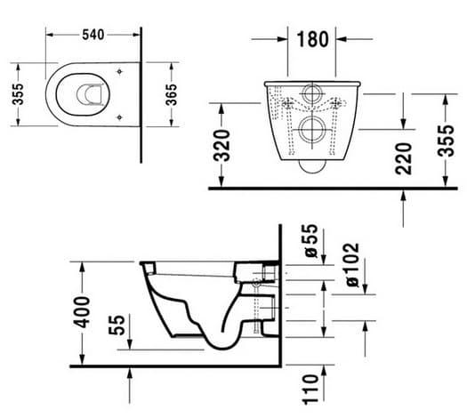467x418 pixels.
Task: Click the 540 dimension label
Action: [93, 35]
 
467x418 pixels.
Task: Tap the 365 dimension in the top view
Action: [171, 94]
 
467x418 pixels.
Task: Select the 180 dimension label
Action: [313, 39]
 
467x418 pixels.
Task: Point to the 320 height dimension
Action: [221, 145]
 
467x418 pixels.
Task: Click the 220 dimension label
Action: [403, 158]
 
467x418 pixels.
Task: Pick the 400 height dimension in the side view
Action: [82, 312]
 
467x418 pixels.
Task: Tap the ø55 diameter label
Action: [311, 240]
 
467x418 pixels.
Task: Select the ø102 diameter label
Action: [353, 264]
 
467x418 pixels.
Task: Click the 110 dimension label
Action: [310, 390]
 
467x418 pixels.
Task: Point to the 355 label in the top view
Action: [18, 94]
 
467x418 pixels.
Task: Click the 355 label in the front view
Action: [446, 141]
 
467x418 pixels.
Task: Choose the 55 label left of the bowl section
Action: [117, 326]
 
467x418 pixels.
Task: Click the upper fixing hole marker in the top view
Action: [119, 71]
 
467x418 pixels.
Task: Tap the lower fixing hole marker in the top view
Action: [119, 117]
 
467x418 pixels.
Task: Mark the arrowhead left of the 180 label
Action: [282, 39]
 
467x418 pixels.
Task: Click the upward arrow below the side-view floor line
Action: [130, 386]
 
